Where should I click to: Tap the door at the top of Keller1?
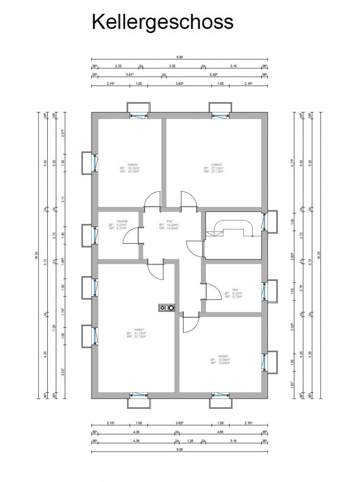pos(156,270)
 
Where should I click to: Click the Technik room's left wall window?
pos(95,235)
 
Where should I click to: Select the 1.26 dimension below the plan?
pos(190,441)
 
